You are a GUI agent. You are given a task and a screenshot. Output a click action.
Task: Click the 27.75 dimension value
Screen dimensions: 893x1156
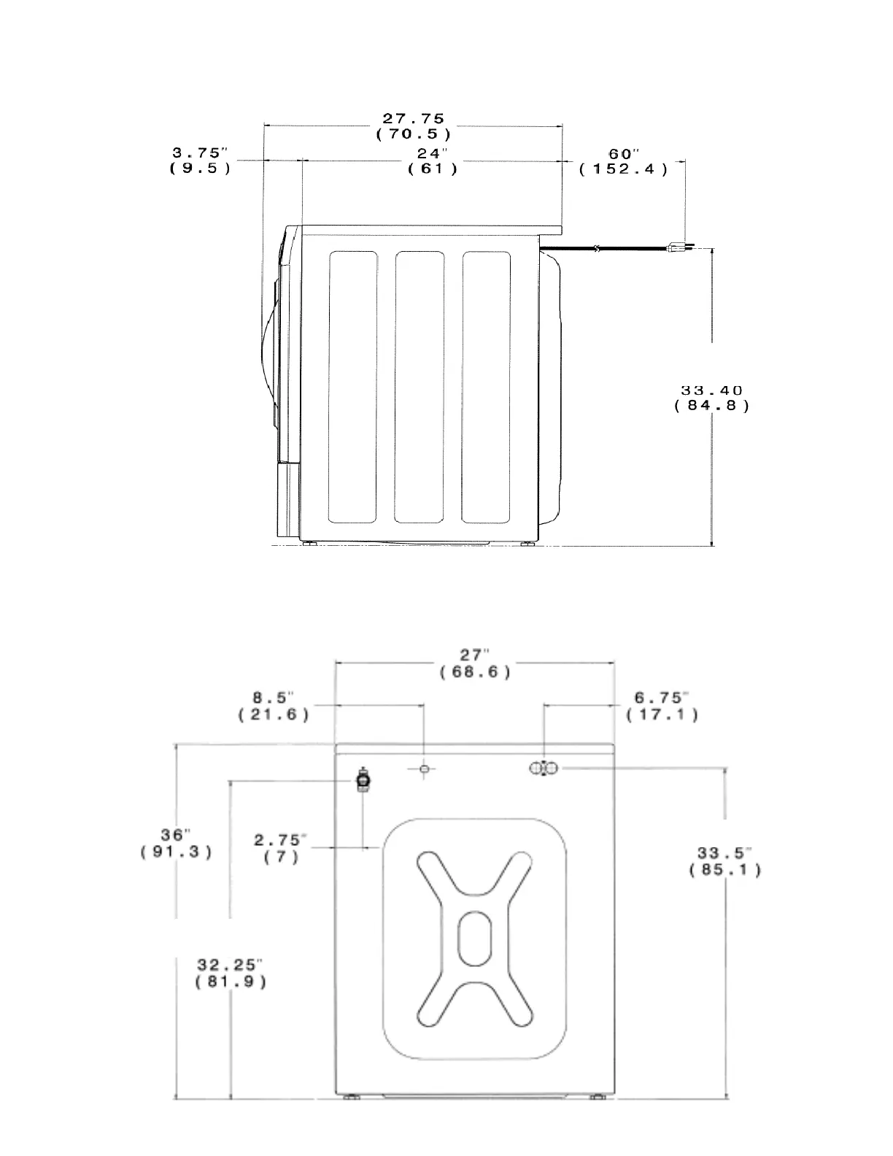(414, 118)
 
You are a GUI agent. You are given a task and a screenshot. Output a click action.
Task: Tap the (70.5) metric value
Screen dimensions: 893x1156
(414, 134)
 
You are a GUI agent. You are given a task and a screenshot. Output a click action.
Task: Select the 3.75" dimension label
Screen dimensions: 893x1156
(200, 153)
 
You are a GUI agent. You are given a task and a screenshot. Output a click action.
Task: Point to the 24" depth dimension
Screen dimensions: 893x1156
(433, 153)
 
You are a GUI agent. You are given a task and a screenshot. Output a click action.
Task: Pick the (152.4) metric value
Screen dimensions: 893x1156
(623, 169)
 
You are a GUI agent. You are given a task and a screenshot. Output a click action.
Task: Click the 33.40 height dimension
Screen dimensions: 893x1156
(711, 391)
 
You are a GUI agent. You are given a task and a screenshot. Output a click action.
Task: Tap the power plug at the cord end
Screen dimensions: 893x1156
(678, 248)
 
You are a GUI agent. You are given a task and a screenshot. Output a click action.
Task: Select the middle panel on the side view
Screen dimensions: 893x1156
(419, 387)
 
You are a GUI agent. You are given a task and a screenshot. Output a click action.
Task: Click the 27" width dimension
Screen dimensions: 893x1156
(474, 655)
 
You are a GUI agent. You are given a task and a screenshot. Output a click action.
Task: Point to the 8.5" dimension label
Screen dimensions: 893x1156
(274, 698)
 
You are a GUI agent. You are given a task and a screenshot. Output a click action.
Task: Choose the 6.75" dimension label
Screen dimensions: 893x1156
(662, 698)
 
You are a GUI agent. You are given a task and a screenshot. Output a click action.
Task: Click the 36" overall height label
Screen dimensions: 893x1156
(176, 834)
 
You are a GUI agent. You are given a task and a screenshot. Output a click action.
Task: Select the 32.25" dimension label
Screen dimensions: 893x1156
(230, 966)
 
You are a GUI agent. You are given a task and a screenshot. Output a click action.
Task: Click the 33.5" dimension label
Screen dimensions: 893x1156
(724, 853)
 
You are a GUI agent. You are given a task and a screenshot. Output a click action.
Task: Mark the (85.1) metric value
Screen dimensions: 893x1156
(724, 870)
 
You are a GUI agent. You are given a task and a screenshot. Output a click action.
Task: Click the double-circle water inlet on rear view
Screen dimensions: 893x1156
(544, 768)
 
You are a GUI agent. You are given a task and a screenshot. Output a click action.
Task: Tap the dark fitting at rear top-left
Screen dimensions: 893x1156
(363, 780)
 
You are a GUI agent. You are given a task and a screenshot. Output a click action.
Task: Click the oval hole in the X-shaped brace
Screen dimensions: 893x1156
(474, 937)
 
